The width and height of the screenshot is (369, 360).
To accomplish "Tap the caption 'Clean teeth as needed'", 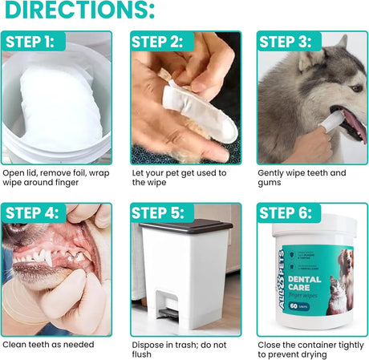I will [x=48, y=345].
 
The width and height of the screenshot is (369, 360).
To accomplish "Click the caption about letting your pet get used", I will [x=178, y=178].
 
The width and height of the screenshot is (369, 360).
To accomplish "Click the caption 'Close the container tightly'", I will [x=310, y=350].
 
